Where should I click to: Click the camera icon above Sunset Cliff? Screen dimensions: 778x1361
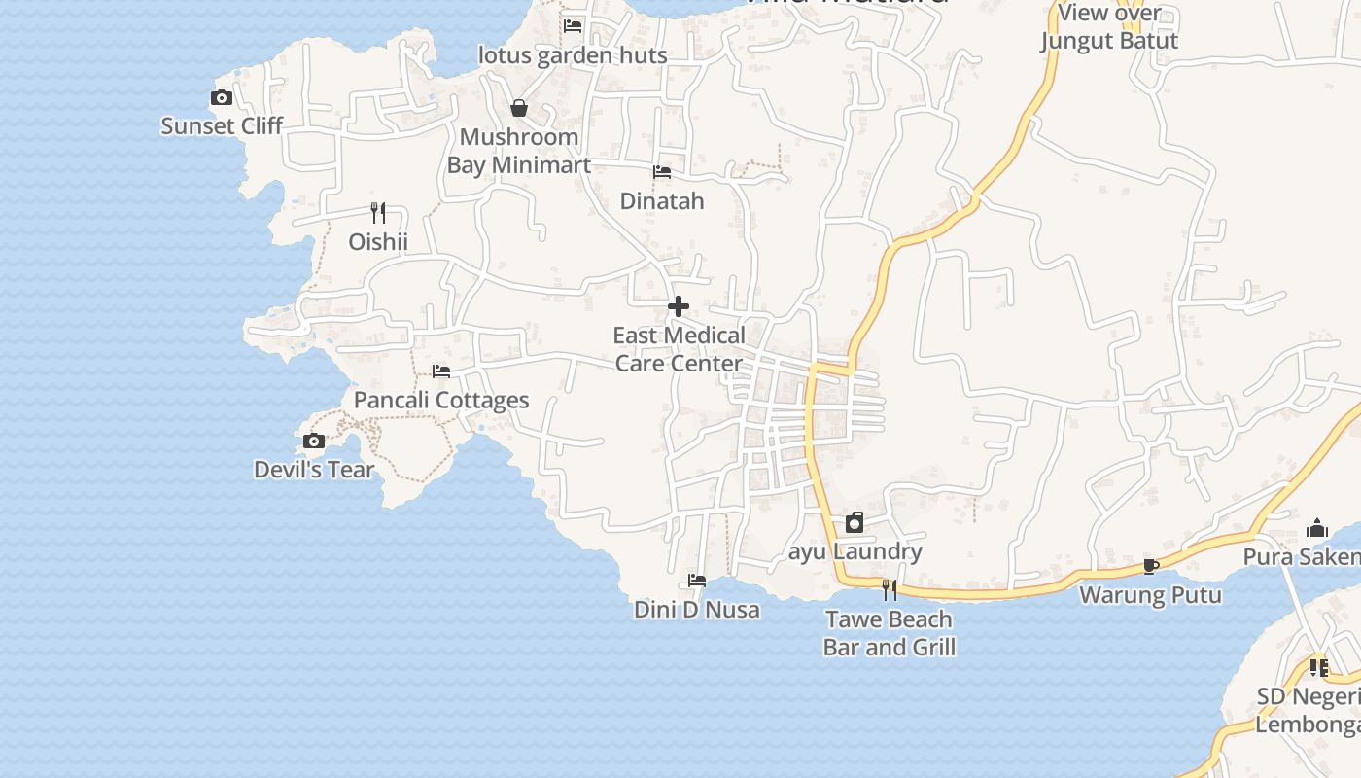pyautogui.click(x=222, y=97)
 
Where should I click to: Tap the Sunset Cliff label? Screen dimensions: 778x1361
pyautogui.click(x=222, y=125)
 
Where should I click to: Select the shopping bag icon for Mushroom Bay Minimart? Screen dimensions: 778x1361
pyautogui.click(x=519, y=108)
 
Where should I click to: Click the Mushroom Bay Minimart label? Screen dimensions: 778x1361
pyautogui.click(x=519, y=151)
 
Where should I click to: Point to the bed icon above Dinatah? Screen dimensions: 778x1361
pyautogui.click(x=662, y=172)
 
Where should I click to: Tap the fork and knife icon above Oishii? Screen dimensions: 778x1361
pyautogui.click(x=378, y=212)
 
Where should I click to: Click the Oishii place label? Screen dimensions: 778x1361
pyautogui.click(x=378, y=241)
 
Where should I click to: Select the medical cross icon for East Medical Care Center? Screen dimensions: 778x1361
pyautogui.click(x=679, y=307)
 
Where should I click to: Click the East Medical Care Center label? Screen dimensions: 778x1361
pyautogui.click(x=679, y=349)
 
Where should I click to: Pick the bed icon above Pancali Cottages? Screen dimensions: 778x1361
pyautogui.click(x=441, y=371)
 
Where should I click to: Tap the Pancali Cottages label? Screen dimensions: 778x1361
pyautogui.click(x=441, y=400)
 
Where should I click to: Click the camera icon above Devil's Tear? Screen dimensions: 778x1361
pyautogui.click(x=314, y=442)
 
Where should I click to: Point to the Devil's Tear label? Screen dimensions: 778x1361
pyautogui.click(x=314, y=470)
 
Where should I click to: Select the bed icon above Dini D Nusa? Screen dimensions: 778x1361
pyautogui.click(x=697, y=581)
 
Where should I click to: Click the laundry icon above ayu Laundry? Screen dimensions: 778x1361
pyautogui.click(x=855, y=523)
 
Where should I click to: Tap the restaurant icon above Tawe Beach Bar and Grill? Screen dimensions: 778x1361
pyautogui.click(x=890, y=589)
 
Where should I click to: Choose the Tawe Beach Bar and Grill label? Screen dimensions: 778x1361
pyautogui.click(x=890, y=633)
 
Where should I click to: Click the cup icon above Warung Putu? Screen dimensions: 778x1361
pyautogui.click(x=1151, y=566)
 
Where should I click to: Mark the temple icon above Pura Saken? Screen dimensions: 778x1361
pyautogui.click(x=1317, y=528)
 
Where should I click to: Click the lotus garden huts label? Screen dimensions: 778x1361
pyautogui.click(x=573, y=55)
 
